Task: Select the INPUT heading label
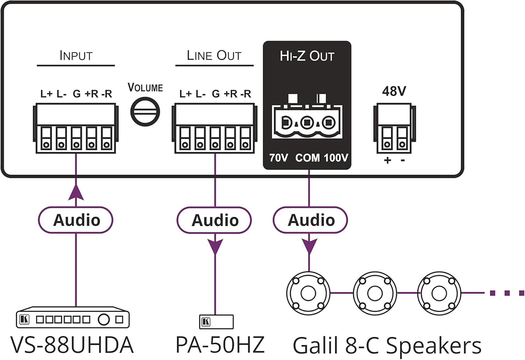[76, 56]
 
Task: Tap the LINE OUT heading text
[214, 56]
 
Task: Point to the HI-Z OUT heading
[307, 56]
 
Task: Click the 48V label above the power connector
[394, 91]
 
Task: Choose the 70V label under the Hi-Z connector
[279, 158]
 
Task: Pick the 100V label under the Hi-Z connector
[336, 158]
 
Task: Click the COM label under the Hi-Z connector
[307, 158]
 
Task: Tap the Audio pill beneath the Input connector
[76, 220]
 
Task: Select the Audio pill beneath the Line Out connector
[215, 220]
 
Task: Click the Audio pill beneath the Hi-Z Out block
[310, 220]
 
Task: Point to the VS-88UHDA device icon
[73, 318]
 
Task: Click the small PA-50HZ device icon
[216, 321]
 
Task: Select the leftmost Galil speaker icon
[308, 293]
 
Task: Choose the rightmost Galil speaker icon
[440, 293]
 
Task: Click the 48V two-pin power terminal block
[394, 129]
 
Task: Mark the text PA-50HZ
[220, 345]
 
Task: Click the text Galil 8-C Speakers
[387, 346]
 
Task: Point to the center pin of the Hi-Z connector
[307, 123]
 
